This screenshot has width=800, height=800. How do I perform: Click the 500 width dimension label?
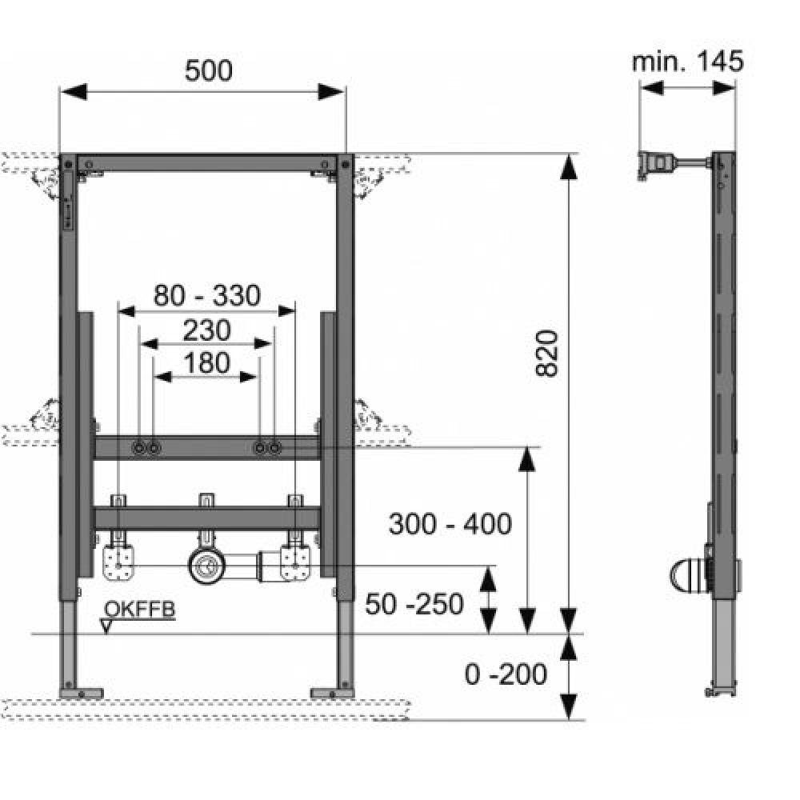click(208, 70)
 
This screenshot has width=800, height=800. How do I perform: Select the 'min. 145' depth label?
click(688, 62)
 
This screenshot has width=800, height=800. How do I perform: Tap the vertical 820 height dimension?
click(547, 354)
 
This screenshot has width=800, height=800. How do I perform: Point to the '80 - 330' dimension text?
click(207, 295)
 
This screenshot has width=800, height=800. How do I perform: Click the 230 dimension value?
click(206, 330)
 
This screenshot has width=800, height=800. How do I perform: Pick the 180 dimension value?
click(206, 363)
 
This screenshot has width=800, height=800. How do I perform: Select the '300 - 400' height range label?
click(450, 524)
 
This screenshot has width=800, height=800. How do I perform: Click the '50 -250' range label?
click(414, 604)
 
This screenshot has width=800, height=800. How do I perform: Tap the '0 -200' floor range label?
click(506, 674)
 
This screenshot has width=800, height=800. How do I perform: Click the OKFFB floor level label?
click(139, 609)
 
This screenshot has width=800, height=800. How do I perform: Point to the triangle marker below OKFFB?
click(106, 626)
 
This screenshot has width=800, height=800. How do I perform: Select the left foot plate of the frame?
click(81, 694)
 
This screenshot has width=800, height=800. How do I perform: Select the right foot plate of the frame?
click(332, 694)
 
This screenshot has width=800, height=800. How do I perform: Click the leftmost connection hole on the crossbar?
click(138, 448)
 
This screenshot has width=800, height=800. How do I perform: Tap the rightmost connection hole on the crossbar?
click(274, 448)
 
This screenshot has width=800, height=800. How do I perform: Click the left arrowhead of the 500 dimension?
click(74, 92)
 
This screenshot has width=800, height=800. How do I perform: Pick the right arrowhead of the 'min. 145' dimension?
click(724, 88)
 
